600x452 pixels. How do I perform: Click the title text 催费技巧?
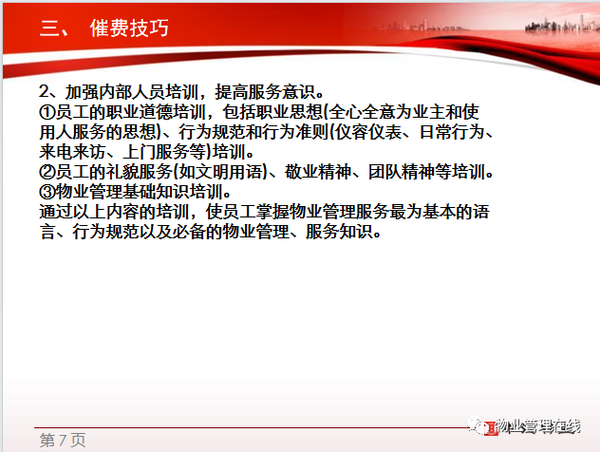coord(129,28)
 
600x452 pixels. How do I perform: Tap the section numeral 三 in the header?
coord(49,28)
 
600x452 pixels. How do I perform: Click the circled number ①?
coord(47,112)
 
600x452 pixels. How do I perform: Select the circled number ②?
coord(47,172)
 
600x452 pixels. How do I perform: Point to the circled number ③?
coord(47,192)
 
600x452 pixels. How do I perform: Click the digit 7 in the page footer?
coord(63,441)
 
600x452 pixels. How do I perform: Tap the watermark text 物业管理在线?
coord(538,425)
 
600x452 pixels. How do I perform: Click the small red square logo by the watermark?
coord(491,428)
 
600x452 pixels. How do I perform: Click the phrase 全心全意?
coord(362,112)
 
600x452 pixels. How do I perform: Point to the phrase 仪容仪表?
coord(368,132)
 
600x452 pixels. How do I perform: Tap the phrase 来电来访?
coord(72,152)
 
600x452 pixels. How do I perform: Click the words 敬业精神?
coord(318,172)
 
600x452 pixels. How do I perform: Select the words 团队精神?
coord(402,172)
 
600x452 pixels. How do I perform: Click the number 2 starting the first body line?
coord(44,92)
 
